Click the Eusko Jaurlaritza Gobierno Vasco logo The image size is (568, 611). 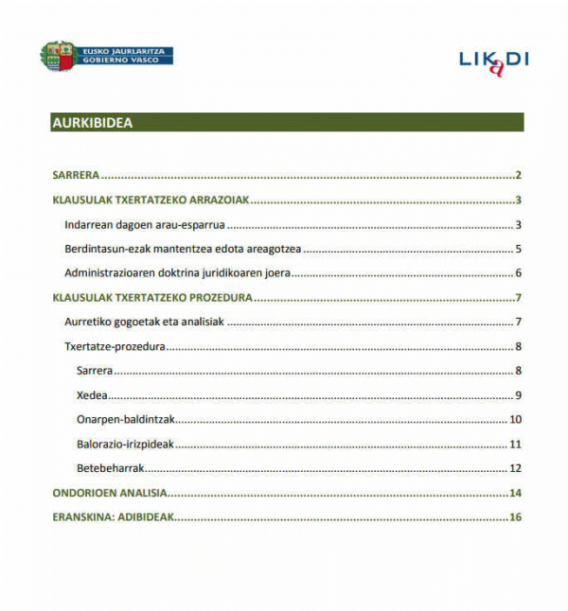pyautogui.click(x=106, y=55)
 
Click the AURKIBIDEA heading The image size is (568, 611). pyautogui.click(x=92, y=123)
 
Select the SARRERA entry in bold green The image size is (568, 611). pyautogui.click(x=76, y=175)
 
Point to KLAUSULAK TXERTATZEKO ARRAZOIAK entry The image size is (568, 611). pyautogui.click(x=150, y=200)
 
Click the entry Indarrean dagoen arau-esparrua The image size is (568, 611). pyautogui.click(x=144, y=224)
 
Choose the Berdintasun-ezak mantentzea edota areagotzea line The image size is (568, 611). pyautogui.click(x=183, y=249)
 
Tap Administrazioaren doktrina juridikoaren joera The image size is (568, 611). pyautogui.click(x=177, y=273)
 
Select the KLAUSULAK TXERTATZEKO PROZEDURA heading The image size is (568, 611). pyautogui.click(x=151, y=298)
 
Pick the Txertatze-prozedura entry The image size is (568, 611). pyautogui.click(x=115, y=346)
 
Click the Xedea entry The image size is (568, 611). pyautogui.click(x=92, y=394)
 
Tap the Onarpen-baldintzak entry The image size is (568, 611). pyautogui.click(x=127, y=419)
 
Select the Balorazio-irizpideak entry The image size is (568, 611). pyautogui.click(x=127, y=444)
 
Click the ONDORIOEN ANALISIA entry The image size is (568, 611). pyautogui.click(x=109, y=493)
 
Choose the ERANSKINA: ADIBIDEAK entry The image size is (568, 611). pyautogui.click(x=113, y=517)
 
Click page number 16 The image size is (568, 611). pyautogui.click(x=516, y=517)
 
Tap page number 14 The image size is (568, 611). pyautogui.click(x=516, y=493)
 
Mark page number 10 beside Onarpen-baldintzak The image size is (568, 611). pyautogui.click(x=516, y=419)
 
